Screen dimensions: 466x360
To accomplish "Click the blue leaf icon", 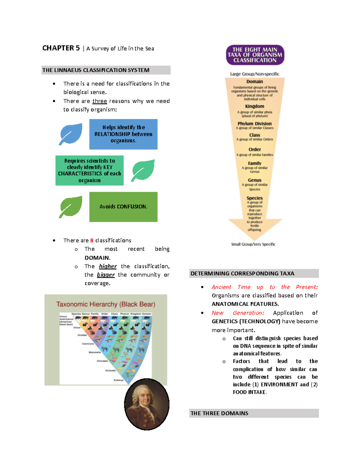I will coord(71,134).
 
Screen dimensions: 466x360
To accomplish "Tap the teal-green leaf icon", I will coord(143,170).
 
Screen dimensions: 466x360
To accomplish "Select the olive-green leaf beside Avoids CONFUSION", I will coord(71,207).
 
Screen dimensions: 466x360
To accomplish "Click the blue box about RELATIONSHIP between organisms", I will coord(123,134).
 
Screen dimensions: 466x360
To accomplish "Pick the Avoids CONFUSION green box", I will coord(123,207).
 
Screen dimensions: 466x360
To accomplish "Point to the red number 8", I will coord(92,240).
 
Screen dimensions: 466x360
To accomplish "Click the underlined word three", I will coord(100,101).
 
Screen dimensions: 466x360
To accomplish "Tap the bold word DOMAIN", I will coord(97,258).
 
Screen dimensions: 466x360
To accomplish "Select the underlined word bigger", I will coord(106,275).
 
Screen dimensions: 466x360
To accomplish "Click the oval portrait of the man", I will coord(147,404).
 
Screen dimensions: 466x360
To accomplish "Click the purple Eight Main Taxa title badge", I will coord(255,55).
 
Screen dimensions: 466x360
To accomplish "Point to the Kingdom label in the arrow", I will coord(254,106).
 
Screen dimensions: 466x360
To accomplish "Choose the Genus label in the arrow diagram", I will coord(254,180).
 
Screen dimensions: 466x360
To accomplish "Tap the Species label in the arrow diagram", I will coord(254,198).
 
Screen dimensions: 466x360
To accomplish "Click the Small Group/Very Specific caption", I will coord(253,244).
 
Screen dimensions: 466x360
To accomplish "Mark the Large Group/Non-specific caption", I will coord(254,74).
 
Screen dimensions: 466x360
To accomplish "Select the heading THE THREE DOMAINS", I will coord(219,413).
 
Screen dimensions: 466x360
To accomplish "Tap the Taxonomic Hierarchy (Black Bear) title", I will coord(106,304).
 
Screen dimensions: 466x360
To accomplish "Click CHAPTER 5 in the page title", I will coord(61,48).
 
